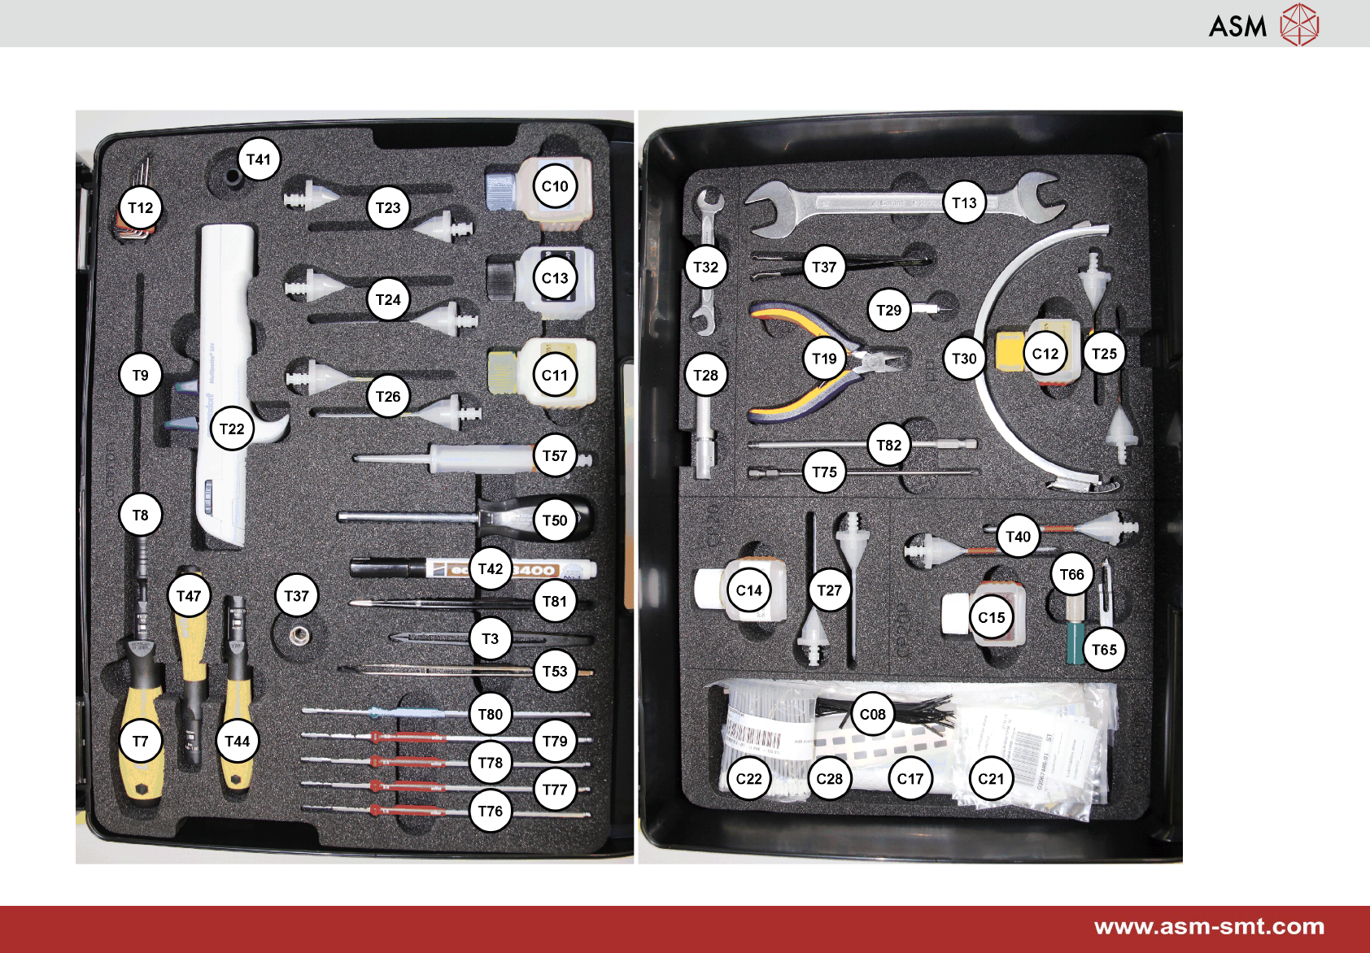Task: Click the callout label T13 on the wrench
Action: pos(964,202)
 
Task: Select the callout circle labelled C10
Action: pos(555,186)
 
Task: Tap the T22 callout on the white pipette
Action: pos(232,429)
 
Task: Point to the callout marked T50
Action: pos(555,520)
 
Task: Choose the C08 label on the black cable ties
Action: pos(872,714)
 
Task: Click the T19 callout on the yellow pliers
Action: pos(824,359)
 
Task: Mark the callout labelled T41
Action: pos(259,159)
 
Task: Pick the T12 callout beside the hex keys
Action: pos(141,207)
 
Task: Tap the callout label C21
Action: pos(991,778)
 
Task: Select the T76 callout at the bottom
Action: pos(491,811)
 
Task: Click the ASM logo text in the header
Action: pos(1237,26)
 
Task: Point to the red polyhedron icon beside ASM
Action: pos(1298,24)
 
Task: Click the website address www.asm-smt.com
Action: pos(1209,927)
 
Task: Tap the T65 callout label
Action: pos(1104,649)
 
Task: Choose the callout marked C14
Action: pos(748,590)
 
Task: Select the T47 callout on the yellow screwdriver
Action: pos(189,596)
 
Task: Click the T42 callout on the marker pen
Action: pos(491,568)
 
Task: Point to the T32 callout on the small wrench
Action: pos(705,267)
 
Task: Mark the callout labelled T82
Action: pos(888,445)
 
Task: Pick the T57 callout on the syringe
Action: pos(555,455)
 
